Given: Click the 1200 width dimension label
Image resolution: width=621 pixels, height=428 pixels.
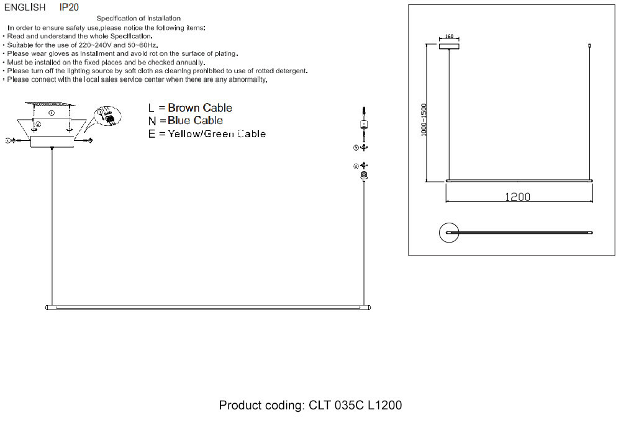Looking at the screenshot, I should tap(517, 197).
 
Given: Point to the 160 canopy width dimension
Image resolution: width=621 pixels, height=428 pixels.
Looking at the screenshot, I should tap(449, 37).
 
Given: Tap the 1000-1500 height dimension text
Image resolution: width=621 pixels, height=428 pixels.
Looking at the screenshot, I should tap(424, 119).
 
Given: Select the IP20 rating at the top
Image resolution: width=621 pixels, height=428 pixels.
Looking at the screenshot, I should tap(69, 7).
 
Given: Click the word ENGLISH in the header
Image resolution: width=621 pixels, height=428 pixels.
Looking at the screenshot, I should tap(25, 7).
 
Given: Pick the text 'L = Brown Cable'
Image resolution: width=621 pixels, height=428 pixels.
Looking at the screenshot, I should tap(190, 108).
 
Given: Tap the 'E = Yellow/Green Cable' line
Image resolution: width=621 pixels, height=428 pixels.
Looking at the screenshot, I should tap(207, 133).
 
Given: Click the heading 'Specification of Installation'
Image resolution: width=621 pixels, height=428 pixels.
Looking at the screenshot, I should tap(138, 19).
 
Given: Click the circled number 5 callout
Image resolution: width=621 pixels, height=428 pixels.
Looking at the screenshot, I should tap(356, 148).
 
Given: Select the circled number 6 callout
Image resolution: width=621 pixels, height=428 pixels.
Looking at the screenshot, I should tap(356, 166).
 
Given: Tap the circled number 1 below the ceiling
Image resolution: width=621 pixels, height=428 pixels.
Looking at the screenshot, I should tap(52, 114).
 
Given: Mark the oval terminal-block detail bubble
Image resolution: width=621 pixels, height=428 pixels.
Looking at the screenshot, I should tap(107, 117).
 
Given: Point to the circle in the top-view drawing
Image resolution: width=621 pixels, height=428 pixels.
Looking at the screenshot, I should tap(448, 233).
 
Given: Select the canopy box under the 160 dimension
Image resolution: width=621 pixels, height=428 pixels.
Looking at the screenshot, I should tap(449, 45).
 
